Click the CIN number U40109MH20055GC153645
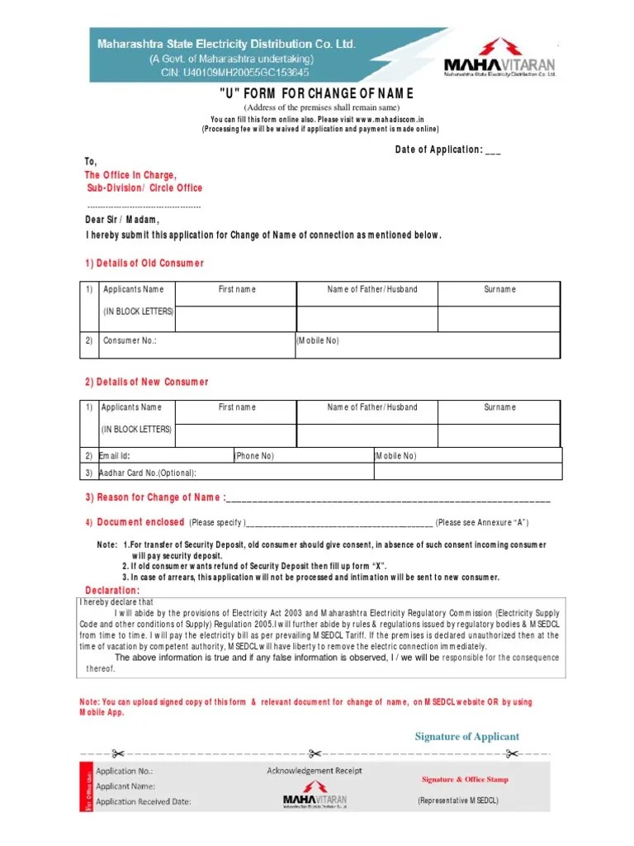tap(224, 73)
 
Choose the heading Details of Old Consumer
tap(144, 263)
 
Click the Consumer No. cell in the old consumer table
tap(130, 340)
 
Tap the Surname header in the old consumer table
tap(499, 289)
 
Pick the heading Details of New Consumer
tap(147, 382)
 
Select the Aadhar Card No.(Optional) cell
tap(148, 473)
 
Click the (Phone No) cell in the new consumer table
tap(254, 456)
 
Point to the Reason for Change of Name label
tap(153, 497)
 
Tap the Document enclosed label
tap(140, 522)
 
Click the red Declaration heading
tap(112, 590)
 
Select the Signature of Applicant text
tap(466, 736)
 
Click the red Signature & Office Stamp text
tap(465, 779)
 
